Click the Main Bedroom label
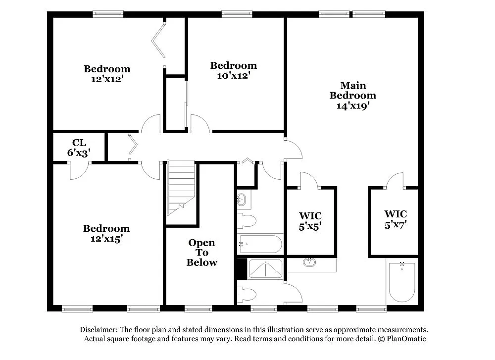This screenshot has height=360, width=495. (x=353, y=91)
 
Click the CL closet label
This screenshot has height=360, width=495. (x=79, y=143)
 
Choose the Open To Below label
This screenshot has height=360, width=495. (x=201, y=253)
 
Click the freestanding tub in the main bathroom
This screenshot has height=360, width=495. (x=401, y=282)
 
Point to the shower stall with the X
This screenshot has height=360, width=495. (x=265, y=269)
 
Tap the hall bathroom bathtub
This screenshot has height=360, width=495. (x=260, y=244)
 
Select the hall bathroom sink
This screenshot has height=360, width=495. (x=243, y=200)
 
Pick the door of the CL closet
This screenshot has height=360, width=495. (x=79, y=170)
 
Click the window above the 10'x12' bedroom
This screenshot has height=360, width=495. (x=237, y=14)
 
